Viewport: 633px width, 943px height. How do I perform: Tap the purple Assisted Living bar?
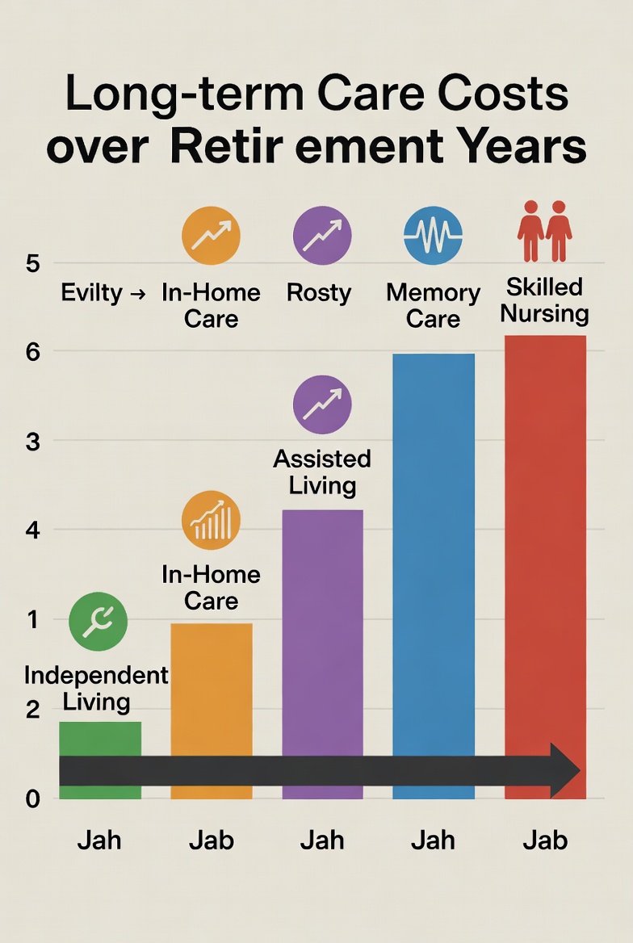pos(322,630)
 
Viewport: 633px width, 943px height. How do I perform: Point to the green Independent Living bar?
pos(100,739)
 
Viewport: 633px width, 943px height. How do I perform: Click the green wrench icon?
pos(98,622)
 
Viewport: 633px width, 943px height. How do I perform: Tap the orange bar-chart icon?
pos(211,521)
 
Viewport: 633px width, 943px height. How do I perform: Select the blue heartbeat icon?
pos(433,236)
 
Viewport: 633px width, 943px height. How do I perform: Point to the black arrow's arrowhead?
pos(565,772)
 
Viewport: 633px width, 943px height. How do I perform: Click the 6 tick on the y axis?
pos(33,351)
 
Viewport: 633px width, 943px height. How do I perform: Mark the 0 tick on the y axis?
pos(33,799)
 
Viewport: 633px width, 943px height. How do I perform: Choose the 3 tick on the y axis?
pos(33,441)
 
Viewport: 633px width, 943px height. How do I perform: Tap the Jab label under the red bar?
pos(545,840)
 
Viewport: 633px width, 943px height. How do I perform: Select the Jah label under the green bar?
pos(99,840)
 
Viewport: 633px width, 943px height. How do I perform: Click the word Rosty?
pos(319,292)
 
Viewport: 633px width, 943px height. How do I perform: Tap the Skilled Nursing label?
pos(545,300)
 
